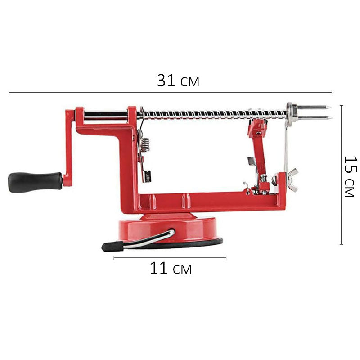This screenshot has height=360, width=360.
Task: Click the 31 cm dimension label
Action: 178,81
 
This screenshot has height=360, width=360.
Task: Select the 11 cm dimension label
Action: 171,268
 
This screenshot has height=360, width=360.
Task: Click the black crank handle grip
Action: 36,182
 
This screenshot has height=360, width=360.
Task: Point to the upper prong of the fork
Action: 314,108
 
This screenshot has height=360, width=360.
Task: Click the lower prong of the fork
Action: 315,118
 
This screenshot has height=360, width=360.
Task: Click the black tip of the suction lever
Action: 113,246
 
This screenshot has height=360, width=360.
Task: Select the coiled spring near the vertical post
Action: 145,144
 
